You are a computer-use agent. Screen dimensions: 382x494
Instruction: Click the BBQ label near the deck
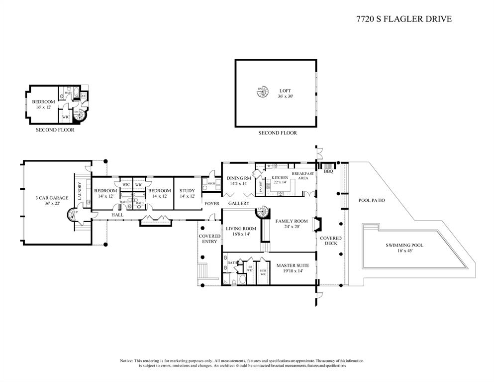pyautogui.click(x=328, y=171)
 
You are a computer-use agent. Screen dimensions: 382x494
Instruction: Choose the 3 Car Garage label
pyautogui.click(x=52, y=198)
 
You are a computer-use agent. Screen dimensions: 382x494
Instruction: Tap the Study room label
pyautogui.click(x=187, y=191)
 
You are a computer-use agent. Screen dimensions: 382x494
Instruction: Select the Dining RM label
pyautogui.click(x=239, y=178)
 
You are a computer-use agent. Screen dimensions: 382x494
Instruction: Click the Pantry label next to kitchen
pyautogui.click(x=261, y=186)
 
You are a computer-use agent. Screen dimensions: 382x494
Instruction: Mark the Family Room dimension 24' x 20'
pyautogui.click(x=289, y=227)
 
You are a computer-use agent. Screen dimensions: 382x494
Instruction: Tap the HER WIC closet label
pyautogui.click(x=263, y=272)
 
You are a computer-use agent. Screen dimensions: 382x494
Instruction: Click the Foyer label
pyautogui.click(x=211, y=203)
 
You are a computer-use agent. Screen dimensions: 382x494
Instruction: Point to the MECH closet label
pyautogui.click(x=210, y=183)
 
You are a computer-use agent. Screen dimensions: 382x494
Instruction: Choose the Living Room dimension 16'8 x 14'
pyautogui.click(x=241, y=235)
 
